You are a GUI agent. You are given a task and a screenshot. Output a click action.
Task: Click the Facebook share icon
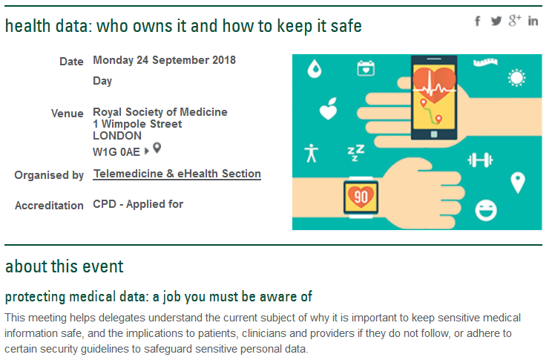[478, 21]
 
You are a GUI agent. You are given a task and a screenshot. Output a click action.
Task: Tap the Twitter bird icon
[496, 21]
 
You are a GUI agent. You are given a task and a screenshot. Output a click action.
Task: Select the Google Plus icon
[515, 21]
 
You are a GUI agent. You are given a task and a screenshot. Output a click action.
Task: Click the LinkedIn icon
[533, 21]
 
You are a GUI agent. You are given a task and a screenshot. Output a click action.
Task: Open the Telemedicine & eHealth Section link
[177, 174]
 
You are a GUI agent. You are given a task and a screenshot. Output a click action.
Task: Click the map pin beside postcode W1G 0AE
[157, 148]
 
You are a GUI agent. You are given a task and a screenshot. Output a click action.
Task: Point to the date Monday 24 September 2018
[164, 60]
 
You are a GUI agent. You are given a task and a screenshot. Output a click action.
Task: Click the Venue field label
[68, 114]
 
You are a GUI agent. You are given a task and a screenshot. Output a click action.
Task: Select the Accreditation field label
[49, 205]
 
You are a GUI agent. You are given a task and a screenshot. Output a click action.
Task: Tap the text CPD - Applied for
[138, 204]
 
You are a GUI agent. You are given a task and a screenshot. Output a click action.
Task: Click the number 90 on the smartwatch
[361, 197]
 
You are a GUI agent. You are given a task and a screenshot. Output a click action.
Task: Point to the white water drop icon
[315, 68]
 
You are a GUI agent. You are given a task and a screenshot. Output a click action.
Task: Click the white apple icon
[329, 109]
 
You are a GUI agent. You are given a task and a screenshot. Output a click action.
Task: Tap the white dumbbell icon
[481, 160]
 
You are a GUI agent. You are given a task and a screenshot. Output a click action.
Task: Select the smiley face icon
[486, 211]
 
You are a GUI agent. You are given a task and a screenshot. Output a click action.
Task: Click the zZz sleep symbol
[355, 153]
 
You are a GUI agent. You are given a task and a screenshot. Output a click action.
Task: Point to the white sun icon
[516, 78]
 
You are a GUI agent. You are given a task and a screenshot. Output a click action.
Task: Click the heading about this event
[65, 266]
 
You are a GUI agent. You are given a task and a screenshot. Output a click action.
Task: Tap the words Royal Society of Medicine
[160, 112]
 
